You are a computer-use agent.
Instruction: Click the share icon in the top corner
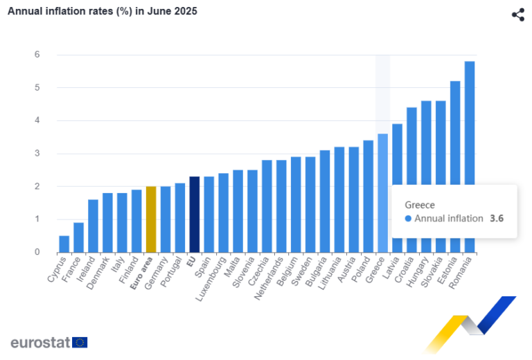518,15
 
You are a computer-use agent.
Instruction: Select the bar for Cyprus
64,244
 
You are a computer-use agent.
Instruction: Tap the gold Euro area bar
151,219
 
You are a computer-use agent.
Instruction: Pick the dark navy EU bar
195,215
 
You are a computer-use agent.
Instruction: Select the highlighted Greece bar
382,193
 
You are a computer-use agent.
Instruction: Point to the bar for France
78,237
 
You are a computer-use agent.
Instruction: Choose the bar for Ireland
93,226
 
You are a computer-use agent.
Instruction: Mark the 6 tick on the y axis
37,55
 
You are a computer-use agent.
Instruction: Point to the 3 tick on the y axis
37,154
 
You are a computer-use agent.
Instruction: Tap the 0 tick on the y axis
37,253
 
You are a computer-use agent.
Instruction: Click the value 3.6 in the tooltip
497,219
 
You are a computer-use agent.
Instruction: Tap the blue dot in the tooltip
409,219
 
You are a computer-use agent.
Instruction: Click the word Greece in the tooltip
420,205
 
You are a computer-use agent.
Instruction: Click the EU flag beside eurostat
80,342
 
